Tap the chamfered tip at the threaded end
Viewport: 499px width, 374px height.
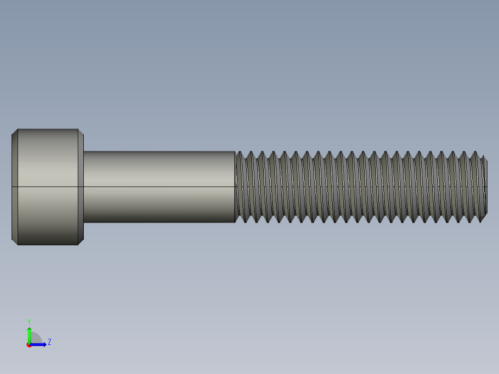(x=484, y=187)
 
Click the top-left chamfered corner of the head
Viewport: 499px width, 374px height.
(x=14, y=131)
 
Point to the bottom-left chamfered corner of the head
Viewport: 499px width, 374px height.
(x=14, y=242)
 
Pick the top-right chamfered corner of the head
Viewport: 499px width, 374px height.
(x=81, y=131)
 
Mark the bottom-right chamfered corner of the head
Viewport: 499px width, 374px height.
(x=81, y=242)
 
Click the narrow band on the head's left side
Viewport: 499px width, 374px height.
(x=14, y=187)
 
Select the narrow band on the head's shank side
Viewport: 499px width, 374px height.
(x=81, y=187)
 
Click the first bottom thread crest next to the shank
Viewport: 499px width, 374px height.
(x=244, y=221)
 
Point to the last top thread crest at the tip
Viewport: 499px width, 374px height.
(x=475, y=153)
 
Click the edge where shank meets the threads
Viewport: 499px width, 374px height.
(x=235, y=187)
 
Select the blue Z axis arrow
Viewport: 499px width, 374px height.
(x=39, y=344)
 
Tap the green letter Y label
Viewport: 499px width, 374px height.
(x=29, y=321)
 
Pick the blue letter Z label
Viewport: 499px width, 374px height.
(x=49, y=342)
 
